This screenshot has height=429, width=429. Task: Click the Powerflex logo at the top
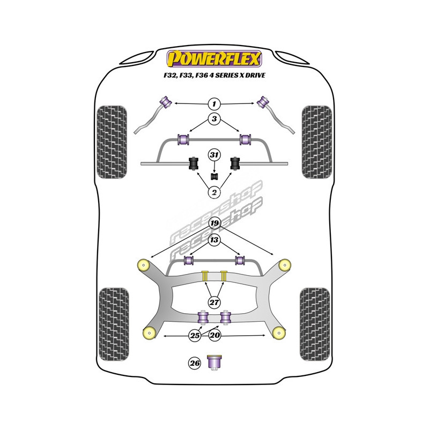(214, 59)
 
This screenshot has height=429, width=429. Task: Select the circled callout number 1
(214, 104)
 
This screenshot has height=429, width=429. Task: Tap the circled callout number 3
(214, 119)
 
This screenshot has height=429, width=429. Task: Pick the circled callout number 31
(214, 155)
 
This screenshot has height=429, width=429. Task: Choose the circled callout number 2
(214, 193)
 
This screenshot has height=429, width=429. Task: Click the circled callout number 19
(214, 223)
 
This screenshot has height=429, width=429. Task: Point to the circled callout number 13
(214, 240)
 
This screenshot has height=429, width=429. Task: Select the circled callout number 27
(214, 302)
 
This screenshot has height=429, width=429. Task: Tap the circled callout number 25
(195, 335)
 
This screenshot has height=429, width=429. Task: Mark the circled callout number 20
(215, 335)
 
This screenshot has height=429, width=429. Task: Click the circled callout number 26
(195, 363)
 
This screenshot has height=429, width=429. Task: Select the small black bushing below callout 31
(214, 177)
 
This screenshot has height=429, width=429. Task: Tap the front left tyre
(112, 142)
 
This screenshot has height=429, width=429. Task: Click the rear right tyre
(315, 324)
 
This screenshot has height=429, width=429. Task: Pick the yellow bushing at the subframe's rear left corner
(150, 333)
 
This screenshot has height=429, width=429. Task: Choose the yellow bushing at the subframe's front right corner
(285, 265)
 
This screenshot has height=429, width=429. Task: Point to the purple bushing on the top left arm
(166, 102)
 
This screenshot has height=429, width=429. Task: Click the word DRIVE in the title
(255, 75)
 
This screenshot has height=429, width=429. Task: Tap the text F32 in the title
(170, 76)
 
